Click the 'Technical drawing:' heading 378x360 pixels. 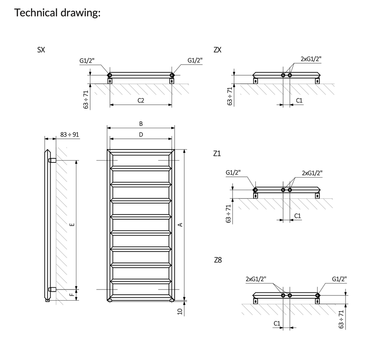click(57, 13)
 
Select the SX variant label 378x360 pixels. click(41, 50)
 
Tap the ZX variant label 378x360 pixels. click(217, 50)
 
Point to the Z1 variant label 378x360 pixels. click(217, 154)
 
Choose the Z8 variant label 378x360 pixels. click(218, 260)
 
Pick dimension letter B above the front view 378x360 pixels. click(141, 124)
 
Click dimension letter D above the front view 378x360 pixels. click(141, 135)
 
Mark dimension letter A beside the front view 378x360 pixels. click(180, 225)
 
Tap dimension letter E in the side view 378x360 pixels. click(72, 224)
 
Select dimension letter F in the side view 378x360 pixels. click(72, 295)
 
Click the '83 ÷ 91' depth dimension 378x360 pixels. click(70, 134)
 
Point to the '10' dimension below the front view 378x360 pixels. click(180, 311)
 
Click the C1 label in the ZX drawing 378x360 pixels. click(299, 100)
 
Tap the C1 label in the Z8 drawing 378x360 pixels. click(277, 323)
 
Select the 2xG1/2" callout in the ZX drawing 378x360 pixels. click(311, 58)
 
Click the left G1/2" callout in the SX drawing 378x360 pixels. click(87, 61)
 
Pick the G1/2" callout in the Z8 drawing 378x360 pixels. click(339, 279)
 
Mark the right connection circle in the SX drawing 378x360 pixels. click(172, 75)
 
